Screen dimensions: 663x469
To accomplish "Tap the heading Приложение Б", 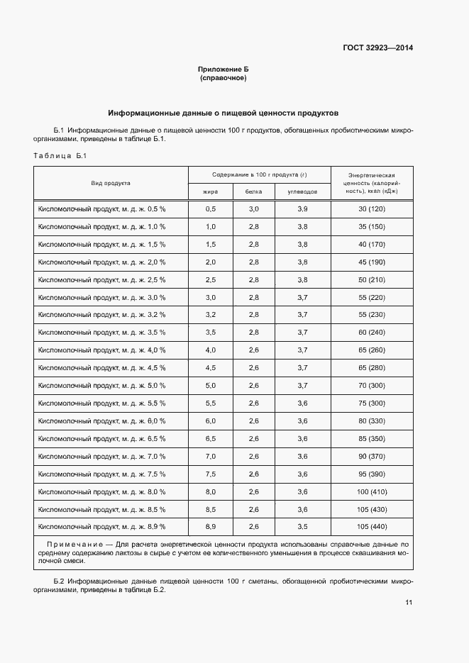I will (x=223, y=69).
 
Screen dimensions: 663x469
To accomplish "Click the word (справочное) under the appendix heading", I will (x=223, y=78).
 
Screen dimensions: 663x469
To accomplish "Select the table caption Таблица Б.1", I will (x=60, y=156).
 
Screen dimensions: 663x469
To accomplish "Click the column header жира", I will (x=210, y=191).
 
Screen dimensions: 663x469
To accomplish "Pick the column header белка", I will (x=253, y=191).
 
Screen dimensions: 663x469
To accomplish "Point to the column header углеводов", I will (x=302, y=191).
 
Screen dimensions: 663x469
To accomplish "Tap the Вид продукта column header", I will (x=111, y=183).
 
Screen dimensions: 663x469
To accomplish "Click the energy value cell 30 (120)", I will (x=371, y=209).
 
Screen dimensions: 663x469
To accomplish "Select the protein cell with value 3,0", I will (x=253, y=209).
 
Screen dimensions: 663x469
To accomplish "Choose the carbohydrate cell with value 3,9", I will (x=302, y=209).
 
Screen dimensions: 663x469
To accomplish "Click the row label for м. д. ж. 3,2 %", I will (x=101, y=314).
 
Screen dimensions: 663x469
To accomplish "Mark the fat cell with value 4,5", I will (x=210, y=367).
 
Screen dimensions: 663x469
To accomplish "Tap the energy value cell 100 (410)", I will (x=371, y=491).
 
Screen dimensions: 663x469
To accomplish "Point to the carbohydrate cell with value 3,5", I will (x=302, y=527).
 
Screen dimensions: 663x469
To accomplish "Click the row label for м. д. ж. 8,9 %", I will (x=101, y=527).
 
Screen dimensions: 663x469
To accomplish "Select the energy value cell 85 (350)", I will (x=371, y=438).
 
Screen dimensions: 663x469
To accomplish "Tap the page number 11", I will (x=409, y=603).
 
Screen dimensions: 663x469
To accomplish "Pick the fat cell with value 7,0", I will (x=210, y=456).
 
